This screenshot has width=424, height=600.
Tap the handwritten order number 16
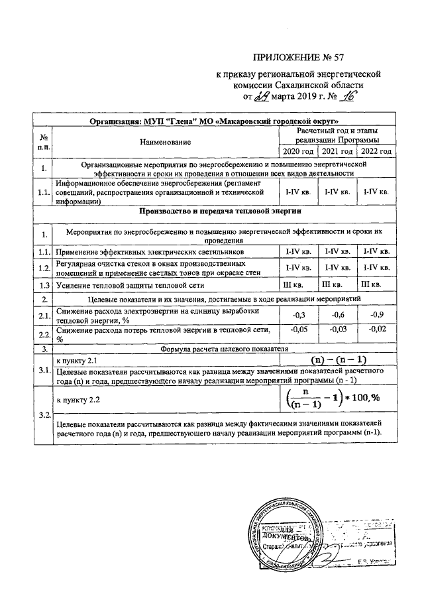pos(347,97)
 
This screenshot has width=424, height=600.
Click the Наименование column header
pos(165,141)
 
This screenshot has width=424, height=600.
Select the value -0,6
pos(337,314)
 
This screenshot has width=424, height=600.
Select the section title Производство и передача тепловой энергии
pos(221,211)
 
